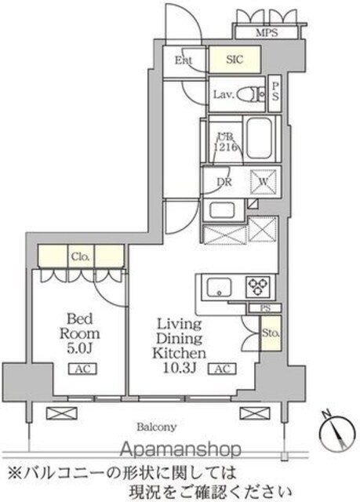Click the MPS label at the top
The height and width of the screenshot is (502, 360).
pos(267,33)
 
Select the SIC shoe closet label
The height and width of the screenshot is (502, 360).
pos(235,60)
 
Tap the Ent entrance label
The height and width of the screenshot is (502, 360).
pos(184,60)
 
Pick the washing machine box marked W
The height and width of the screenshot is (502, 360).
pos(263,181)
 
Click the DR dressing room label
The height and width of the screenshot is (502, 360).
pos(224,182)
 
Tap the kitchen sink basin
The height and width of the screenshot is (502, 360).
pos(219,288)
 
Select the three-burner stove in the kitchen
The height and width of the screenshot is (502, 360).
pos(258,286)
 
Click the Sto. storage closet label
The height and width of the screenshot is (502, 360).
pos(271,333)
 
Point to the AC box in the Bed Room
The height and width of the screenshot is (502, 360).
pos(83,369)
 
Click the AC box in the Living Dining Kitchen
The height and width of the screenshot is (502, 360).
pos(223,369)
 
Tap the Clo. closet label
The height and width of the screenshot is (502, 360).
pos(81,256)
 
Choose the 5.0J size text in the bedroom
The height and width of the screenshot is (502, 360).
pos(80,348)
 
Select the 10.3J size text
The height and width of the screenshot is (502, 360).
pos(179,368)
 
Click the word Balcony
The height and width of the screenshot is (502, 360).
pos(157,427)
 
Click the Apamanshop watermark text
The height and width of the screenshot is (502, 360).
pos(180,449)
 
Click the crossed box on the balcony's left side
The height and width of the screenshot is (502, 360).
pos(62,413)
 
